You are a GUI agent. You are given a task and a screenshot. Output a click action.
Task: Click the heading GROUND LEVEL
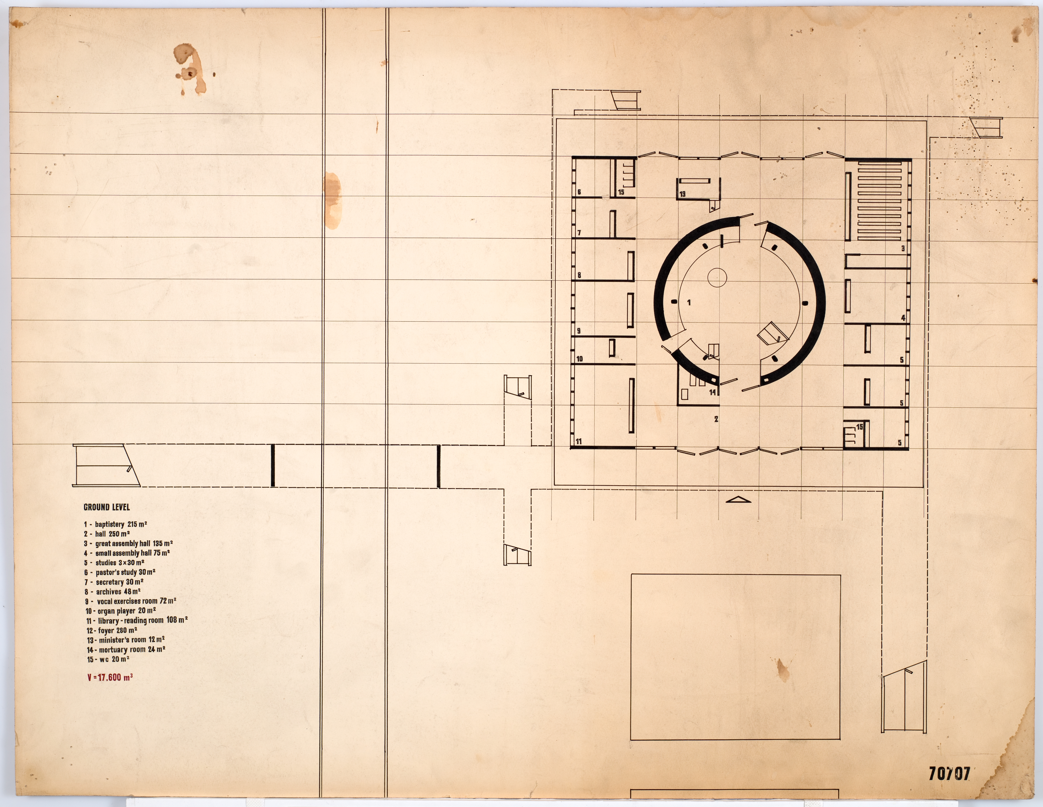coord(107,507)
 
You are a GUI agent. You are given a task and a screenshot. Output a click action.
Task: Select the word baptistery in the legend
coord(109,524)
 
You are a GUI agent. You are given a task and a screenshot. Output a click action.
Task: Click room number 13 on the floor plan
coord(682,194)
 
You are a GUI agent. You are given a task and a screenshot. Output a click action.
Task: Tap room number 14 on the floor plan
coord(712,393)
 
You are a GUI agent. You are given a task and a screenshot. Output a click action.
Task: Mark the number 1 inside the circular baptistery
coord(689,302)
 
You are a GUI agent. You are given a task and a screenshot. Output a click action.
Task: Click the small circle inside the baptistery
coord(717,277)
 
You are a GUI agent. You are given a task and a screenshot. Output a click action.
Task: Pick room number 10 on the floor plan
coord(580,359)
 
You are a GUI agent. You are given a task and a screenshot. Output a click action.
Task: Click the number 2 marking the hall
coord(716,419)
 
